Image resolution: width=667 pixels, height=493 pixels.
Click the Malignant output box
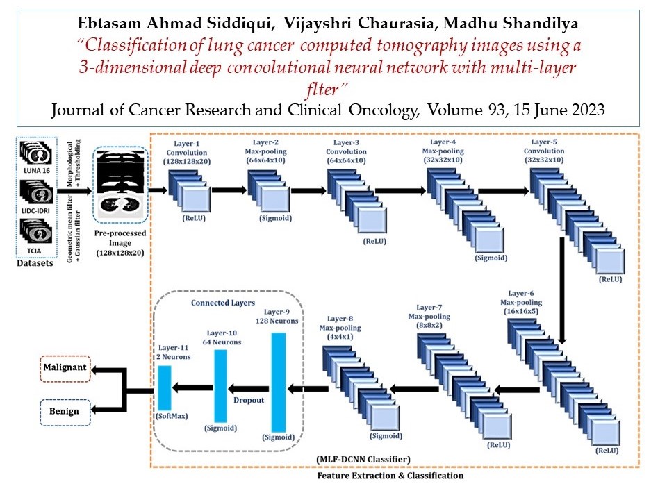pos(65,369)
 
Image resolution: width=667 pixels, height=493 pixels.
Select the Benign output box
pos(65,412)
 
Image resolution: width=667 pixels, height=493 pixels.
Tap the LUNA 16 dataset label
pos(37,170)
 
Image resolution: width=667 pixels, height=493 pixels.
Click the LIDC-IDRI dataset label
pos(35,211)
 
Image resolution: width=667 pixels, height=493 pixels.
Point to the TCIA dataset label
pos(34,251)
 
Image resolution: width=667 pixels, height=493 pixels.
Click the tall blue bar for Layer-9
pos(279,382)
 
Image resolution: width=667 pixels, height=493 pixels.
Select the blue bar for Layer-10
pos(220,386)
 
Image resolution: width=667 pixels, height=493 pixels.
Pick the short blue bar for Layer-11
pos(165,387)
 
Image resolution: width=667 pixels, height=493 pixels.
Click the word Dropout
pos(249,400)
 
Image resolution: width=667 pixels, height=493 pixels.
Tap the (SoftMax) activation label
pos(172,416)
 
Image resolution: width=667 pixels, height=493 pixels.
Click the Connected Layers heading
pos(223,303)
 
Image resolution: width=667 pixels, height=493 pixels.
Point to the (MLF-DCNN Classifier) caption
pos(363,459)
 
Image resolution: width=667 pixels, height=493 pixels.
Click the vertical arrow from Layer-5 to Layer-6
pos(562,291)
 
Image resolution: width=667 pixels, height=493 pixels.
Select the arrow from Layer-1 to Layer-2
pos(229,190)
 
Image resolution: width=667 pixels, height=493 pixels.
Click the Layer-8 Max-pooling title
pos(340,323)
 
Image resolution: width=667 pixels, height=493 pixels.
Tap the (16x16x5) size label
pos(521,311)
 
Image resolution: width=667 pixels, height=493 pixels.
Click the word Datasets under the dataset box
pos(35,263)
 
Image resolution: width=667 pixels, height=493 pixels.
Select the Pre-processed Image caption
pos(120,238)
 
